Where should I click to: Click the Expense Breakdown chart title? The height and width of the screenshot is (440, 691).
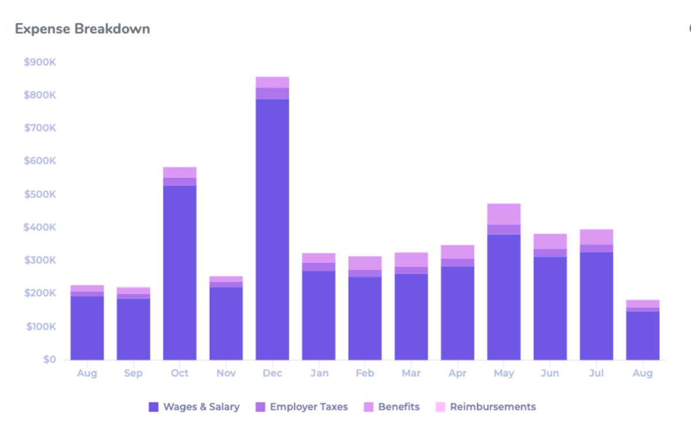pyautogui.click(x=82, y=29)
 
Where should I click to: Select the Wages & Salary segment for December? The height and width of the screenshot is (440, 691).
pyautogui.click(x=272, y=230)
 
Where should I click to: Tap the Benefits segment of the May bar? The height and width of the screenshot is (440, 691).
pyautogui.click(x=504, y=214)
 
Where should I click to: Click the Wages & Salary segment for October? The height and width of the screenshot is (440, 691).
pyautogui.click(x=180, y=273)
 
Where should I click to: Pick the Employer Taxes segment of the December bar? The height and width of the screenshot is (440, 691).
pyautogui.click(x=272, y=93)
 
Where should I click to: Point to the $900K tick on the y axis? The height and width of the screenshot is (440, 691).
pyautogui.click(x=40, y=62)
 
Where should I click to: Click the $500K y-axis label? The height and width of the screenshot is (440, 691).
pyautogui.click(x=40, y=194)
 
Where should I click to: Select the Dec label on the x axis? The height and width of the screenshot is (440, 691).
pyautogui.click(x=272, y=373)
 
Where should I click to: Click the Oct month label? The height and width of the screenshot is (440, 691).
pyautogui.click(x=180, y=373)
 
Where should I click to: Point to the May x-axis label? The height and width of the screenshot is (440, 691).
pyautogui.click(x=504, y=373)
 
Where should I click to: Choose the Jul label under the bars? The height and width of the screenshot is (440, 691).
pyautogui.click(x=597, y=373)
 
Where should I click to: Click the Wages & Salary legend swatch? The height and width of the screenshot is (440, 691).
pyautogui.click(x=154, y=407)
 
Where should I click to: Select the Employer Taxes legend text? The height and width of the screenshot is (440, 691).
pyautogui.click(x=309, y=407)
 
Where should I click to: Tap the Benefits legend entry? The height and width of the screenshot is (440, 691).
pyautogui.click(x=398, y=407)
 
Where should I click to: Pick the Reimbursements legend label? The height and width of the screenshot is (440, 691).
pyautogui.click(x=492, y=407)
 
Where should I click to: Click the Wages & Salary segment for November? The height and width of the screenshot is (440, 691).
pyautogui.click(x=226, y=323)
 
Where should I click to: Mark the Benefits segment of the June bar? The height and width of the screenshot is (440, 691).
pyautogui.click(x=550, y=241)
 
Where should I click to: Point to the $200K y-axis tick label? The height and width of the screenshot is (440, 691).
pyautogui.click(x=40, y=293)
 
